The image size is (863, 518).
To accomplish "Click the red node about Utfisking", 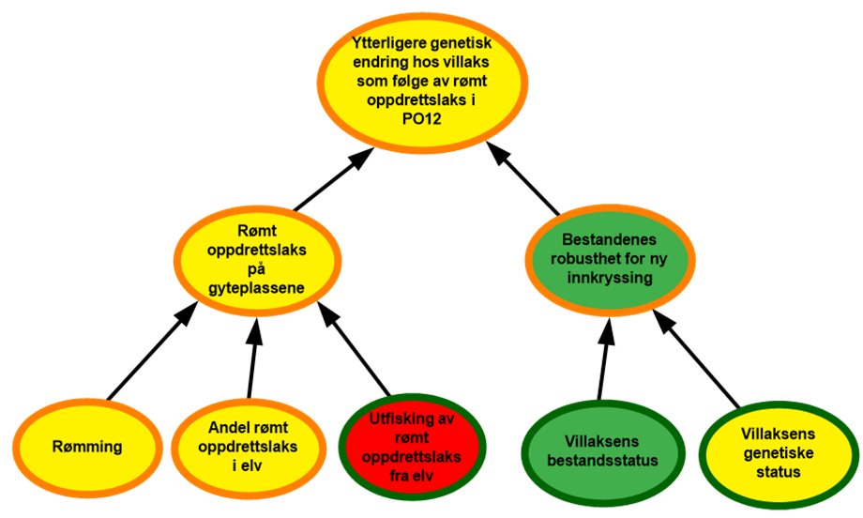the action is click(412, 447).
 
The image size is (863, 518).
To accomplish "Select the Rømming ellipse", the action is click(87, 447).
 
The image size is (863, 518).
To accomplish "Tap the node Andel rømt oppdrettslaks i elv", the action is click(249, 447).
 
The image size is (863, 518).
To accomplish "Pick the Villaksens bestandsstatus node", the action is click(602, 451).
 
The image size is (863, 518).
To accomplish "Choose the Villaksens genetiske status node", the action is click(778, 453).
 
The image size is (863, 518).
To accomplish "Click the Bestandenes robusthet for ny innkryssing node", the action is click(610, 259).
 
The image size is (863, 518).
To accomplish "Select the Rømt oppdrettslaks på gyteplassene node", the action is click(257, 260).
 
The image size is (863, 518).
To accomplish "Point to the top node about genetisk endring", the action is click(422, 82).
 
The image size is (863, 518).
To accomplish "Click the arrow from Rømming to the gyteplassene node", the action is click(152, 351).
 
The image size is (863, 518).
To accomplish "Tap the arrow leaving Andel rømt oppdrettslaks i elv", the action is click(253, 358).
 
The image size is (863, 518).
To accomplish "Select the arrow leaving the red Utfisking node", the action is click(354, 348).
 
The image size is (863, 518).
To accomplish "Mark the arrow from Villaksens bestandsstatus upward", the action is click(604, 358).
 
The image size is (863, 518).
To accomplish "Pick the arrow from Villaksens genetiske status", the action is click(696, 358).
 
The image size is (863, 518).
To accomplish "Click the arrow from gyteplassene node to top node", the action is click(333, 179).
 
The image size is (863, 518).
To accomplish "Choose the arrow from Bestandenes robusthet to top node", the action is click(522, 178).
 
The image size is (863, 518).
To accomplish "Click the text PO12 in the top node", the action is click(421, 119).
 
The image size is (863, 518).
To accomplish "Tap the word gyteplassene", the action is click(256, 288).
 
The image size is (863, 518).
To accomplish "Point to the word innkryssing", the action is click(610, 278).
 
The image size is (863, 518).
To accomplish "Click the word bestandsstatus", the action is click(602, 460).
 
